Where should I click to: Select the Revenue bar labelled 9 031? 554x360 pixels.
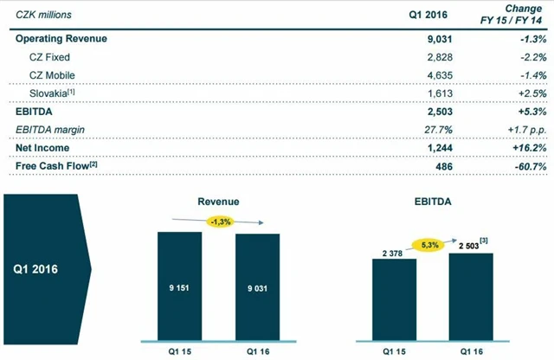[256, 286]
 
